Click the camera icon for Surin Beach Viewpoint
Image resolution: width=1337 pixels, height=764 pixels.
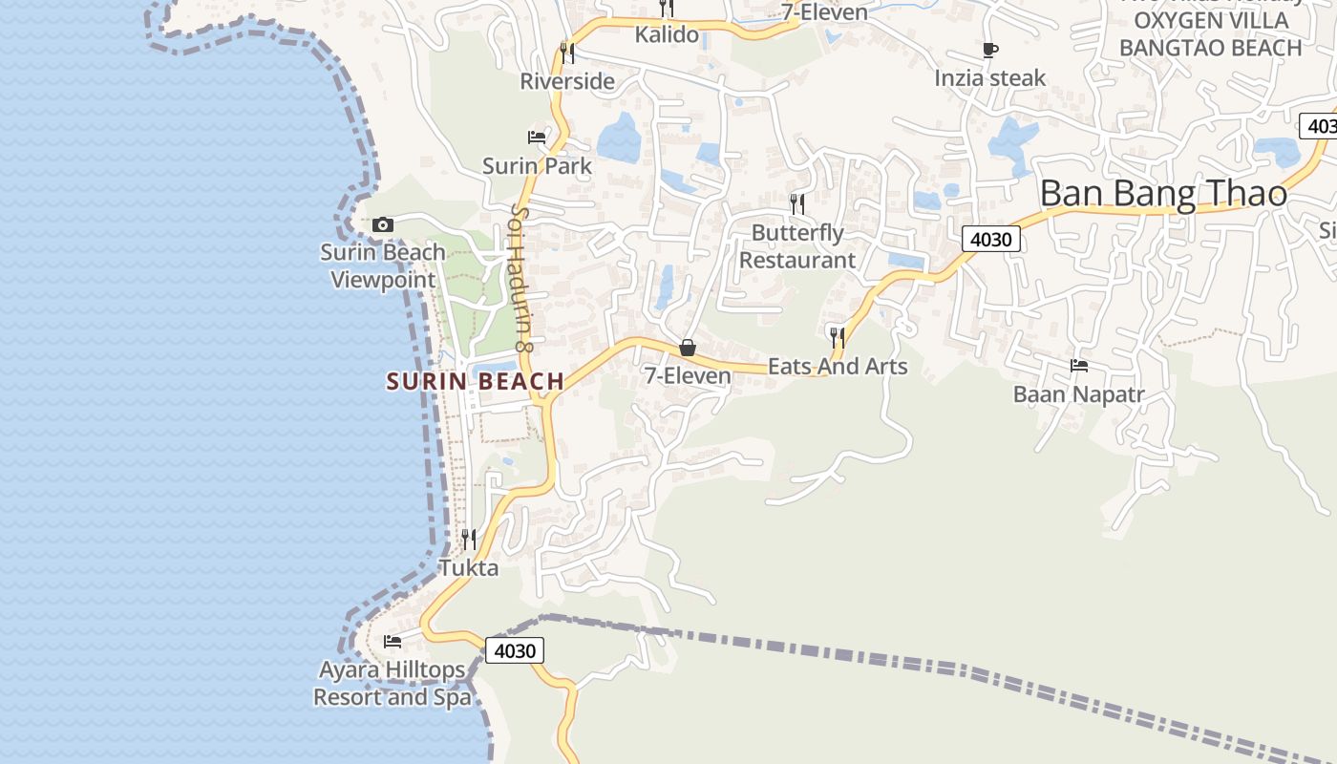point(383,225)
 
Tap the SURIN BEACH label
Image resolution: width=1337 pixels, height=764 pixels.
point(476,382)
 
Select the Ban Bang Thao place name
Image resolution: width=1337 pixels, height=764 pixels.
point(1163,194)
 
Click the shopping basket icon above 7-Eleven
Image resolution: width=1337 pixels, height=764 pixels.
point(687,348)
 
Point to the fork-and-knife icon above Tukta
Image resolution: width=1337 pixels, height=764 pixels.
point(468,540)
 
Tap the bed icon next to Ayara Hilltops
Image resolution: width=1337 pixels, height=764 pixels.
point(392,642)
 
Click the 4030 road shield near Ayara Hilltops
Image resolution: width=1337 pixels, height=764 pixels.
point(515,651)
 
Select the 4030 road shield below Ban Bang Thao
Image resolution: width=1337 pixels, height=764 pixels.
point(990,239)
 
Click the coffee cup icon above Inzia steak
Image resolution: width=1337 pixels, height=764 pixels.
point(990,50)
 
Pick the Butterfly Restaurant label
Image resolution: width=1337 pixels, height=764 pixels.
point(797,246)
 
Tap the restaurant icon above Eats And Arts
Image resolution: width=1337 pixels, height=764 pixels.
point(837,337)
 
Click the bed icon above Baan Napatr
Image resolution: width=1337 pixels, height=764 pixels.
point(1078,366)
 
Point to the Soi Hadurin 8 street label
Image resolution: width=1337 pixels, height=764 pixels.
point(520,278)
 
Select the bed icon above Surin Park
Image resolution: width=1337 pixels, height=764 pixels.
point(537,138)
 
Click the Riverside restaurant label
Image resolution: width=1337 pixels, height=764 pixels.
point(567,82)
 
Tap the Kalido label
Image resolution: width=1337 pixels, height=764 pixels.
point(667,35)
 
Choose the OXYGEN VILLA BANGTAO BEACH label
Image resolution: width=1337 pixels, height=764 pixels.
point(1210,34)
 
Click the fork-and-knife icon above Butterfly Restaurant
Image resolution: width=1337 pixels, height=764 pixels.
point(796,203)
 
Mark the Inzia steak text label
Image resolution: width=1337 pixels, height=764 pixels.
point(990,78)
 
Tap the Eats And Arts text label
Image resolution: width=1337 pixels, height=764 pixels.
point(838,367)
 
